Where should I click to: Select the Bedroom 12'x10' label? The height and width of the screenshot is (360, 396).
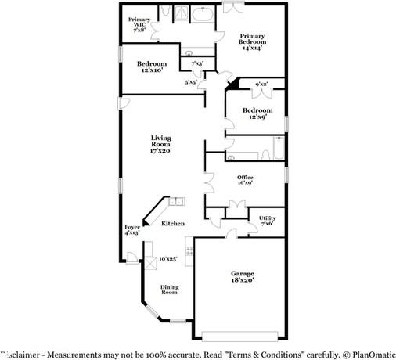152,67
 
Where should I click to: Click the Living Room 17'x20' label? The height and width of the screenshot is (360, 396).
161,144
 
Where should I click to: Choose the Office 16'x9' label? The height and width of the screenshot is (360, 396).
245,180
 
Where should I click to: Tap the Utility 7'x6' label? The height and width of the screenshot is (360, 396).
267,221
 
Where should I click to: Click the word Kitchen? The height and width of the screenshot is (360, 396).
173,224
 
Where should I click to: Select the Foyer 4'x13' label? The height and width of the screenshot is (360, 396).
131,229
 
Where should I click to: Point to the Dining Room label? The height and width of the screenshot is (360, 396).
169,290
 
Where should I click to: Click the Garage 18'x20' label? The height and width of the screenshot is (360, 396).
242,276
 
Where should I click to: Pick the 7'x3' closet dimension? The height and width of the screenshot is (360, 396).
197,63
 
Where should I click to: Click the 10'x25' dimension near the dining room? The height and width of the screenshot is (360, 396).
167,258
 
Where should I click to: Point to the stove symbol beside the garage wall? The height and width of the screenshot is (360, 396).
188,254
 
